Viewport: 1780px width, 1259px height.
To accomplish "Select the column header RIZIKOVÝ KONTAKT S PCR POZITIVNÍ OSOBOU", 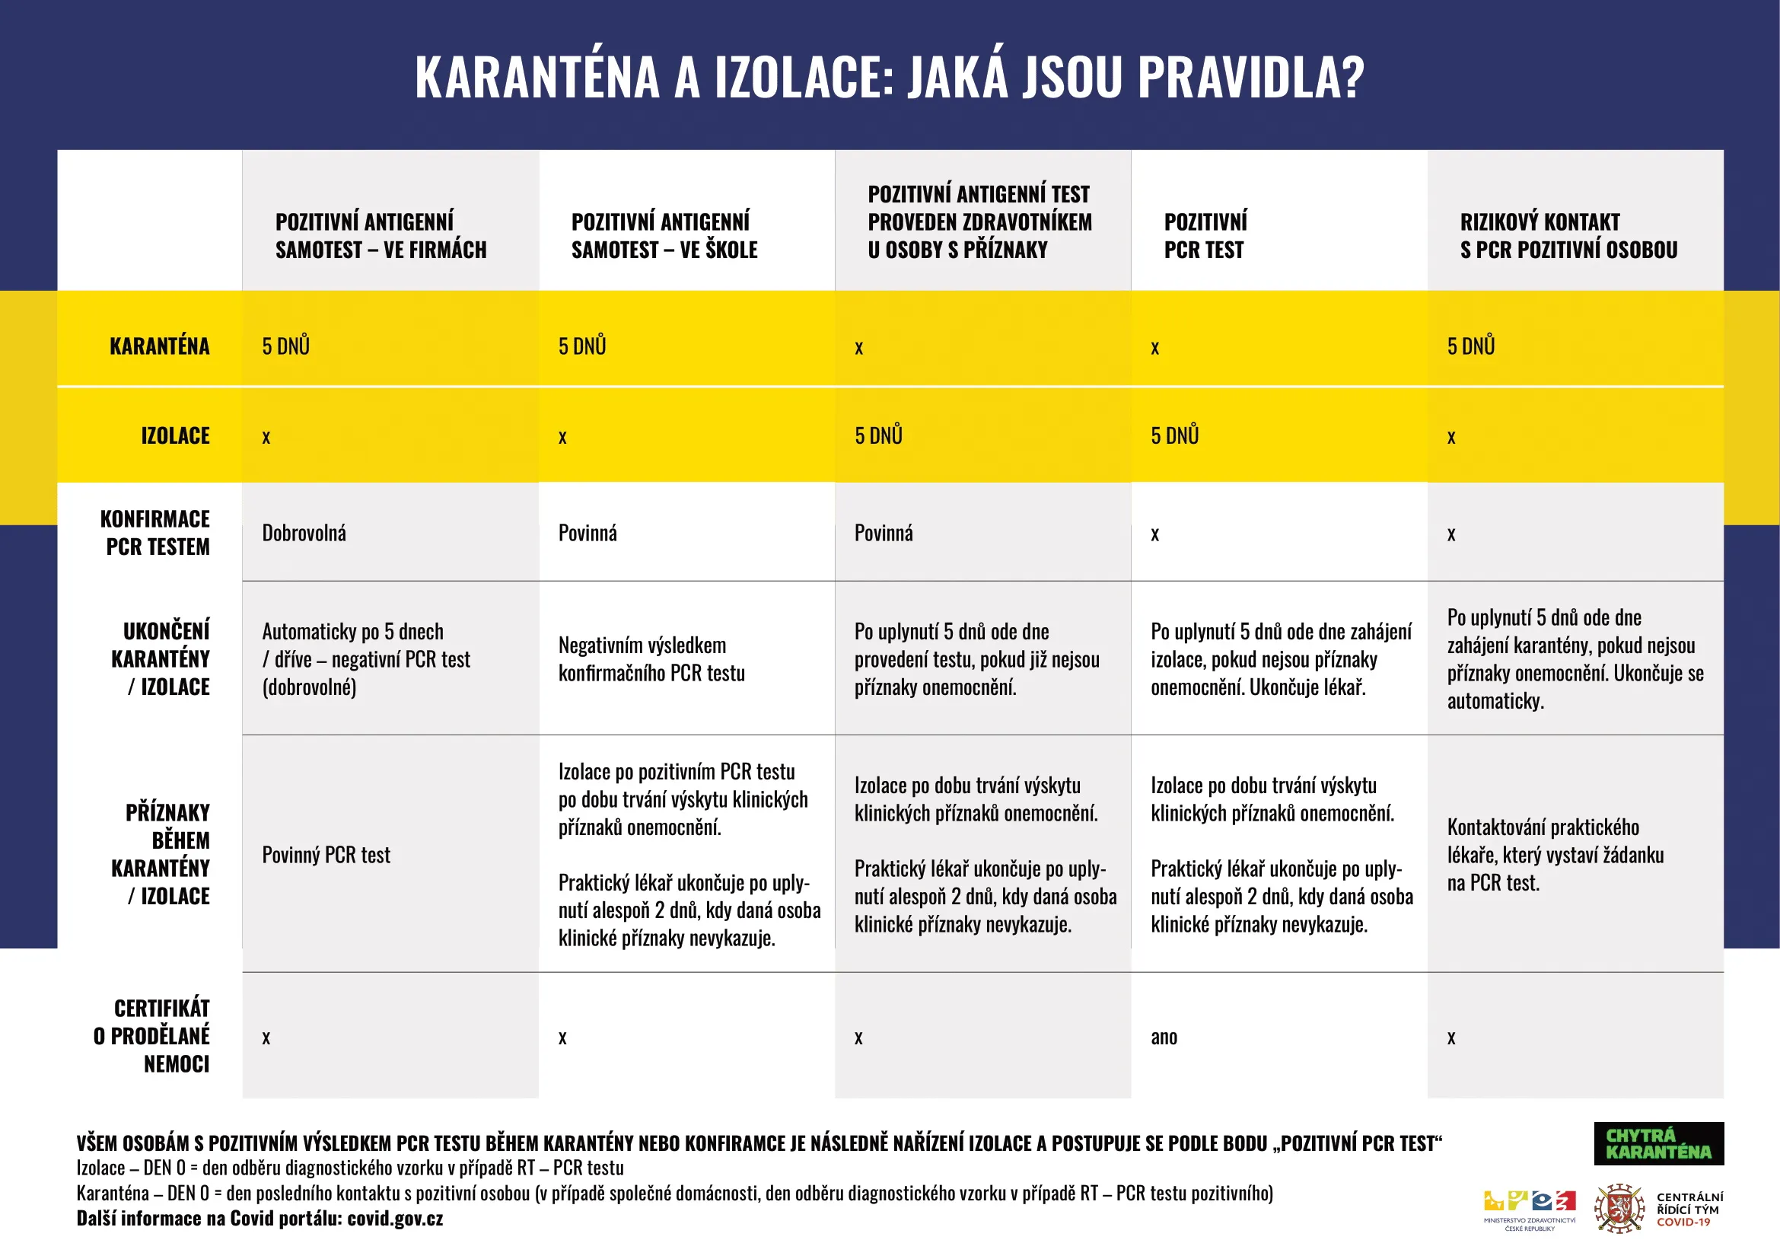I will tap(1568, 236).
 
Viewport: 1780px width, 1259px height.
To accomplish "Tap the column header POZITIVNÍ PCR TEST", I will tap(1205, 236).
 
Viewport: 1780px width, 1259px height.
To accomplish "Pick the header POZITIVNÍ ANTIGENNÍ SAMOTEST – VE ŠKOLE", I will tap(664, 236).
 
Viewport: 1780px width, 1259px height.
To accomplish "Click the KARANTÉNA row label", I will tap(159, 346).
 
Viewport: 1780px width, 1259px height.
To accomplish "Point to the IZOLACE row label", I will tap(175, 435).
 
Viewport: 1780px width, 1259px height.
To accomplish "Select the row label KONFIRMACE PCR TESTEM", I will tap(156, 533).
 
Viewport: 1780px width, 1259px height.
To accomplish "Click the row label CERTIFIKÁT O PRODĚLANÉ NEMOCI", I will tap(153, 1036).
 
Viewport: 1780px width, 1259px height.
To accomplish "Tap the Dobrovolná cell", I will tap(304, 534).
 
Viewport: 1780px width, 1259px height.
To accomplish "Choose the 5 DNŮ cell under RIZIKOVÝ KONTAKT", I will tap(1471, 346).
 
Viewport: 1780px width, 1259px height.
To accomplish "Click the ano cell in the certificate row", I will tap(1164, 1037).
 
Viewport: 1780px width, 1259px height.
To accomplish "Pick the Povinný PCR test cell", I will tap(326, 855).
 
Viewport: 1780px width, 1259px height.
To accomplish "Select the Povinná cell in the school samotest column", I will tap(587, 534).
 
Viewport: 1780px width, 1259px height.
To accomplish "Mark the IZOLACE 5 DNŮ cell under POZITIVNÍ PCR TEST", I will tap(1174, 435).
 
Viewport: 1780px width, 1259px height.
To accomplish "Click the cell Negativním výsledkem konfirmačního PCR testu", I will tap(651, 659).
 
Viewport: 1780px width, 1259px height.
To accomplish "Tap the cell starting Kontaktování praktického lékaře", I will tap(1555, 855).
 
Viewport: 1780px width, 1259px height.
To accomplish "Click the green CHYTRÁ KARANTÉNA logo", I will tap(1658, 1143).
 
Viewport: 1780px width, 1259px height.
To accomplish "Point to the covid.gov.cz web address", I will tap(395, 1219).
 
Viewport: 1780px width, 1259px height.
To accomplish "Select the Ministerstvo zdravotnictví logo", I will tap(1530, 1209).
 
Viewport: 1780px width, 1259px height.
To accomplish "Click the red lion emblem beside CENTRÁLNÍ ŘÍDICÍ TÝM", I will tap(1619, 1209).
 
